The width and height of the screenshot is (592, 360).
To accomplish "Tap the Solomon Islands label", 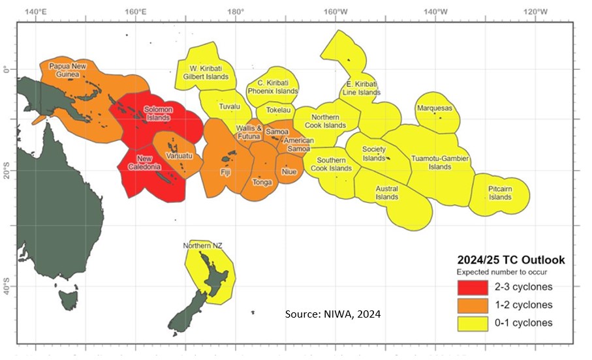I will [158, 113].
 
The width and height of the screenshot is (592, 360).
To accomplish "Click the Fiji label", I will [225, 173].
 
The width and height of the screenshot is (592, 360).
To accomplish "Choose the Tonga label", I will [262, 183].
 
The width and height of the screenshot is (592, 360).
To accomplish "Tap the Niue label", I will [288, 172].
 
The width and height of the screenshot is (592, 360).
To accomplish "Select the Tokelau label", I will [280, 110].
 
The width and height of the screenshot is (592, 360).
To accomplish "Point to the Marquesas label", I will [434, 108].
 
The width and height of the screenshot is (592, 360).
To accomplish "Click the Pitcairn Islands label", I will [500, 193].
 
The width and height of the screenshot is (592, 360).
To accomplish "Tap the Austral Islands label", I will [386, 193].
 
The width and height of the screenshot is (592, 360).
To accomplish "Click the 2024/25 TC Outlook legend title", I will [510, 260].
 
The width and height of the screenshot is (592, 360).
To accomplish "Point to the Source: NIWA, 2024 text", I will [333, 314].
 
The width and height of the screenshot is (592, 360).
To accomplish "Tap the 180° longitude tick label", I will [236, 12].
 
